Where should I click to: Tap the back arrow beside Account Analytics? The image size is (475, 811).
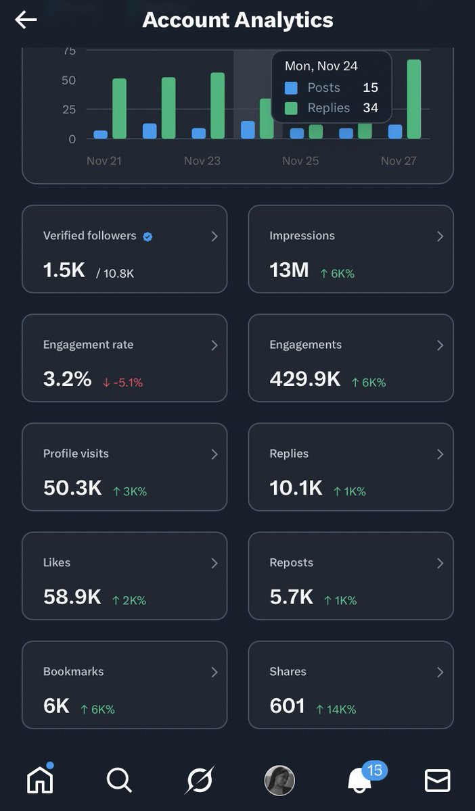26,20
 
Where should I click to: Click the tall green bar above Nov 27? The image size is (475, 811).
413,99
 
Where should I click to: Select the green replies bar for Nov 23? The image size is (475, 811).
217,105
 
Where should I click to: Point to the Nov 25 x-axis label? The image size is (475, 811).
300,161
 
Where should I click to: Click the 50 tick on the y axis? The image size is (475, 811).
68,80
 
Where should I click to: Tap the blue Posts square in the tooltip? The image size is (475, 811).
291,88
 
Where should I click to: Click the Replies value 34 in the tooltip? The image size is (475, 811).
369,108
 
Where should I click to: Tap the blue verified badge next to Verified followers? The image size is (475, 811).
148,237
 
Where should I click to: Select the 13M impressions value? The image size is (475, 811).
289,270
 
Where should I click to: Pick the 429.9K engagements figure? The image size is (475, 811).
304,379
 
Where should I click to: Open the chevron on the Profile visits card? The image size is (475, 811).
214,454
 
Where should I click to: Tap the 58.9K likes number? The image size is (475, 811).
72,597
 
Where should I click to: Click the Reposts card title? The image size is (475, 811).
291,562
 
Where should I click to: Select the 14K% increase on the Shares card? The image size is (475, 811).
336,709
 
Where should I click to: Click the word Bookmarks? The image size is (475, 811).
73,671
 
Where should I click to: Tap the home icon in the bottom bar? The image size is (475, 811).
40,781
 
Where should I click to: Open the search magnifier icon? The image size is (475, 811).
119,781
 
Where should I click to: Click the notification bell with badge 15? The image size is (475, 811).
359,781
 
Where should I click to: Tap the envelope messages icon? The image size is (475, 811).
437,781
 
